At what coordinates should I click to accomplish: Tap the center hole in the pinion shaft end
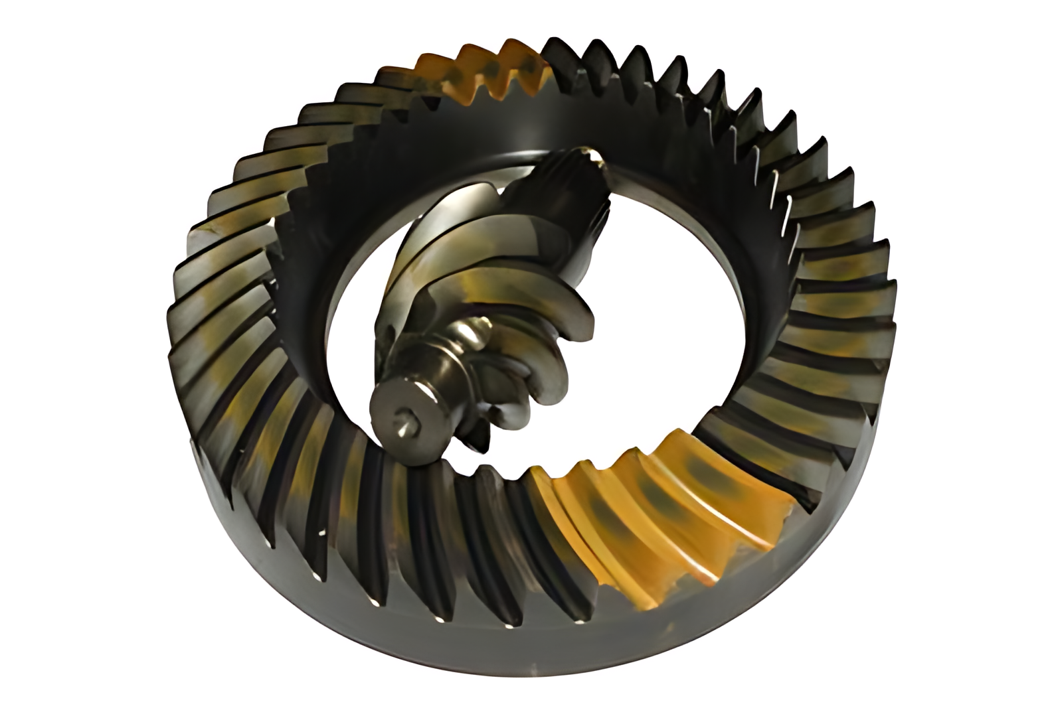406,419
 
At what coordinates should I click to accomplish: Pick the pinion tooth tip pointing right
588,319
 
